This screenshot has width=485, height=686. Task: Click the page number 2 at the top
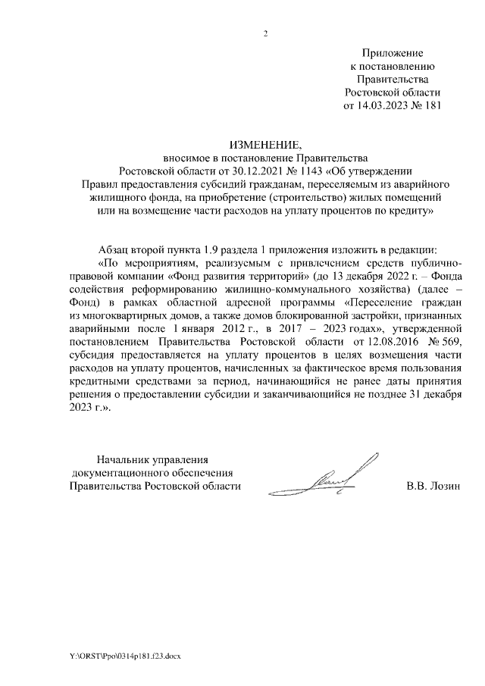click(x=266, y=33)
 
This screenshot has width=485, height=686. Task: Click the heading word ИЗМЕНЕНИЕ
click(x=266, y=145)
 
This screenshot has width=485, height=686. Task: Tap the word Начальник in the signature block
click(x=123, y=459)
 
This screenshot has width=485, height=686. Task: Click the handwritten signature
click(x=341, y=476)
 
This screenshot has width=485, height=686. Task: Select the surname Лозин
click(x=445, y=486)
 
